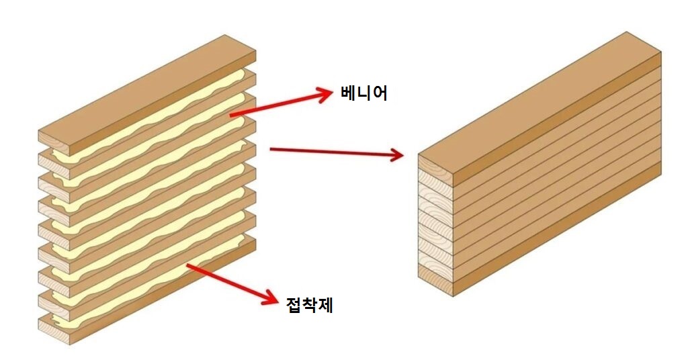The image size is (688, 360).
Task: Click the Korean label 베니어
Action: click(363, 93)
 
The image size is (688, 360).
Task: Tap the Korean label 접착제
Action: click(309, 305)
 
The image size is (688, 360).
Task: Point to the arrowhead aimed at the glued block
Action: click(396, 154)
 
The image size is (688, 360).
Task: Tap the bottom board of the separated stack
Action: click(147, 289)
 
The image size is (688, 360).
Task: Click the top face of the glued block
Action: click(540, 93)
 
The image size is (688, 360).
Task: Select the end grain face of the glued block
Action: click(435, 226)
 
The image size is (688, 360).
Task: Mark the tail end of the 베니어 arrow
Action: click(231, 116)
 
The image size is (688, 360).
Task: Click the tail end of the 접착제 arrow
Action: click(187, 265)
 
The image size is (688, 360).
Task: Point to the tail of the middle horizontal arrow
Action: click(271, 149)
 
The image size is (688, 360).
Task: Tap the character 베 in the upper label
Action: click(349, 93)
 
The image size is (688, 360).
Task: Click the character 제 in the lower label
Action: click(325, 305)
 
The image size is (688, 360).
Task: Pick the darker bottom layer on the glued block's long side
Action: click(557, 229)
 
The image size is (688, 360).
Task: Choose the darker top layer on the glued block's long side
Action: click(557, 118)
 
